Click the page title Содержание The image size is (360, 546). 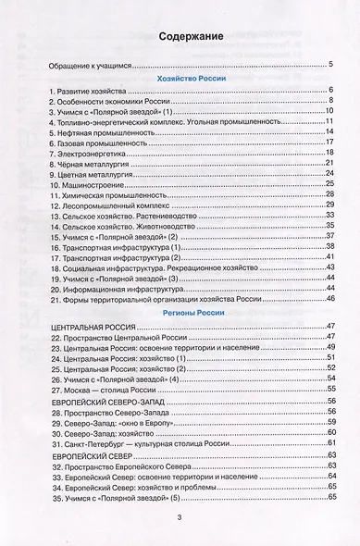[x=181, y=36]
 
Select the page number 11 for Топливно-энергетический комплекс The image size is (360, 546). [x=329, y=121]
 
